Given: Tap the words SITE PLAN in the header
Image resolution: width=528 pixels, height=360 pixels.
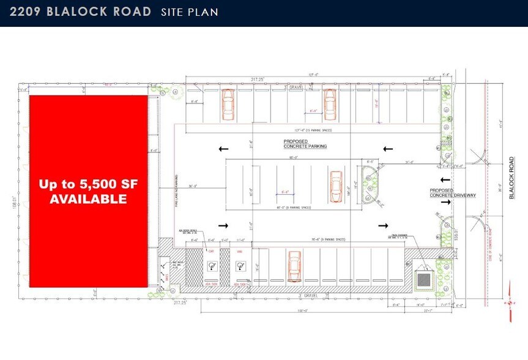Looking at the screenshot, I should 189,12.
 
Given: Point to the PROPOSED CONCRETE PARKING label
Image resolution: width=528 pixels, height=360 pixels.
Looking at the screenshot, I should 305,144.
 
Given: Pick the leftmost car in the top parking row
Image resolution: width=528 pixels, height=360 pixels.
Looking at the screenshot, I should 228,104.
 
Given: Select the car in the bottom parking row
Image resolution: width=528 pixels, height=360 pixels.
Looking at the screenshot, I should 294,266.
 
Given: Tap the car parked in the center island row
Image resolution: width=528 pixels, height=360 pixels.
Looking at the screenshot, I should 335,185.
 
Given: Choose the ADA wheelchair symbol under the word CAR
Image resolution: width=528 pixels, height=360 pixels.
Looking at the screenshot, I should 212,266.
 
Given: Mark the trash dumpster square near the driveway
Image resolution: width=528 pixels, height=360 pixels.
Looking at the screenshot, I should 423,279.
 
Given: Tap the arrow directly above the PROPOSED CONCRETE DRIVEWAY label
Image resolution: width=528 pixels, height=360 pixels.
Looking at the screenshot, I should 445,179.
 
